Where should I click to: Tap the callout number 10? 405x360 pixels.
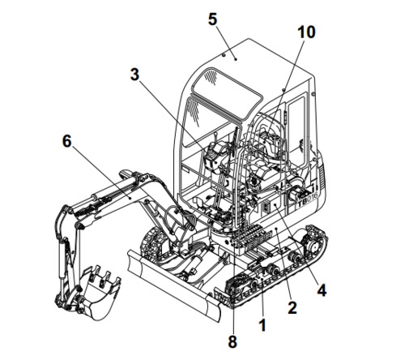click(307, 33)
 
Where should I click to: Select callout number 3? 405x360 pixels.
click(136, 75)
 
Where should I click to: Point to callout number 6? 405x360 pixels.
click(67, 142)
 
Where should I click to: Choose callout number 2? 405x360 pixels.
click(292, 308)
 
